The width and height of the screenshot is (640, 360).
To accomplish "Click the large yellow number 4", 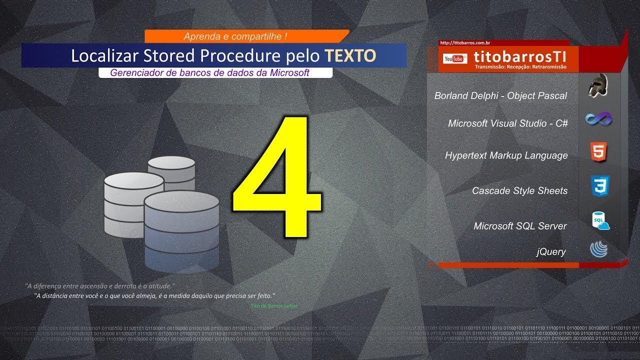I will pos(276,177).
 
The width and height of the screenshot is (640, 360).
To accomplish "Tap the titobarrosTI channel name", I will pos(520,55).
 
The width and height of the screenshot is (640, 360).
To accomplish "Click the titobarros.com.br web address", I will pos(464,43).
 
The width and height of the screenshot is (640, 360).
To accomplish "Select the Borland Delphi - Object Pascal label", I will pos(500,95).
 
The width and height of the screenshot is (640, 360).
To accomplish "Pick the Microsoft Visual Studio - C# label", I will pos(507,123).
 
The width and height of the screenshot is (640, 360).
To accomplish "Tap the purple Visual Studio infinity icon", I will pos(598,119).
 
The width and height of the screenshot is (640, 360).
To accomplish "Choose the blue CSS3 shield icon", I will pos(598,185).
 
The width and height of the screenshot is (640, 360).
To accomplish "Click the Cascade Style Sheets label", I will pos(519,190).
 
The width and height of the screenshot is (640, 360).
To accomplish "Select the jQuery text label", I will pos(550,251).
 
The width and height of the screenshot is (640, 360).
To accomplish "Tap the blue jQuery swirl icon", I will pos(598,249).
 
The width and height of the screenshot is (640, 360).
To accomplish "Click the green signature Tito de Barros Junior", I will pos(274,305).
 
